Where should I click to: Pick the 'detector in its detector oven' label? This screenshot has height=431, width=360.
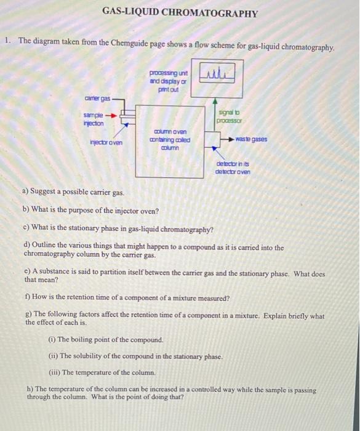pos(232,167)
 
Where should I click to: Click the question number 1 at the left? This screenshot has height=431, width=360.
pos(7,41)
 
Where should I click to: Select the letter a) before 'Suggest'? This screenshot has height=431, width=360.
pos(25,193)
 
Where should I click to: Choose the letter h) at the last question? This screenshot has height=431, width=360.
pos(29,390)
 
